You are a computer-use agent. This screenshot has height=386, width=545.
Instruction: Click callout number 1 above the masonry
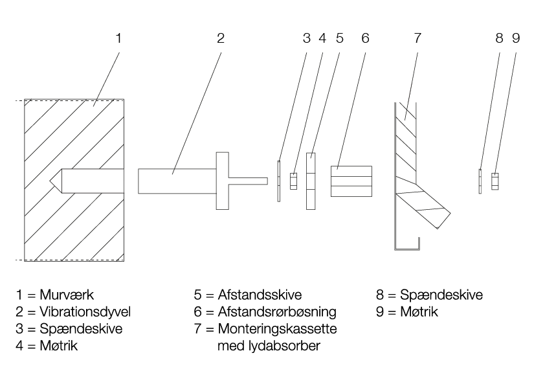(x=118, y=38)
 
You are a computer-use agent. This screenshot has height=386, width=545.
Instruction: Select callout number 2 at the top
(x=221, y=38)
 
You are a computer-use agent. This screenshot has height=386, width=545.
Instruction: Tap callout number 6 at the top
(x=365, y=38)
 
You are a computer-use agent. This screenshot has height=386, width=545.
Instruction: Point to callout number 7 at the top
(x=417, y=38)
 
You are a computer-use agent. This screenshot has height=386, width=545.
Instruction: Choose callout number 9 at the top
(x=516, y=38)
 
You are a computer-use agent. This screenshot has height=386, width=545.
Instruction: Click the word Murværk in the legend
(x=67, y=296)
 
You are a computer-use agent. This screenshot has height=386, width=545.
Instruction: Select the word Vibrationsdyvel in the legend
(x=85, y=312)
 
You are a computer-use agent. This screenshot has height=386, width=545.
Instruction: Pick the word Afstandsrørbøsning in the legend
(x=278, y=312)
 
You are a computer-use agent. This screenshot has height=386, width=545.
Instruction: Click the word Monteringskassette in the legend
(x=278, y=329)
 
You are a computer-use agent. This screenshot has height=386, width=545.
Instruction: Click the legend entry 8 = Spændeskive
(x=429, y=296)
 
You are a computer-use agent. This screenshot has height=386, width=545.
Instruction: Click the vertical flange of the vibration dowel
(x=221, y=179)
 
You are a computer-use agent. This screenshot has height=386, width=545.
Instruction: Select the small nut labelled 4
(x=293, y=181)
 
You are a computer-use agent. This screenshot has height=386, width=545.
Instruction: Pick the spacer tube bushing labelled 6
(x=351, y=181)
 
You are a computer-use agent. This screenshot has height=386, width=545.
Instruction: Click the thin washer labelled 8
(x=480, y=181)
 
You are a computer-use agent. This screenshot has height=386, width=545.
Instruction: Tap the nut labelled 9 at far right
(x=495, y=181)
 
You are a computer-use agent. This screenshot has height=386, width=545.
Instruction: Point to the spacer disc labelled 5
(x=311, y=181)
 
